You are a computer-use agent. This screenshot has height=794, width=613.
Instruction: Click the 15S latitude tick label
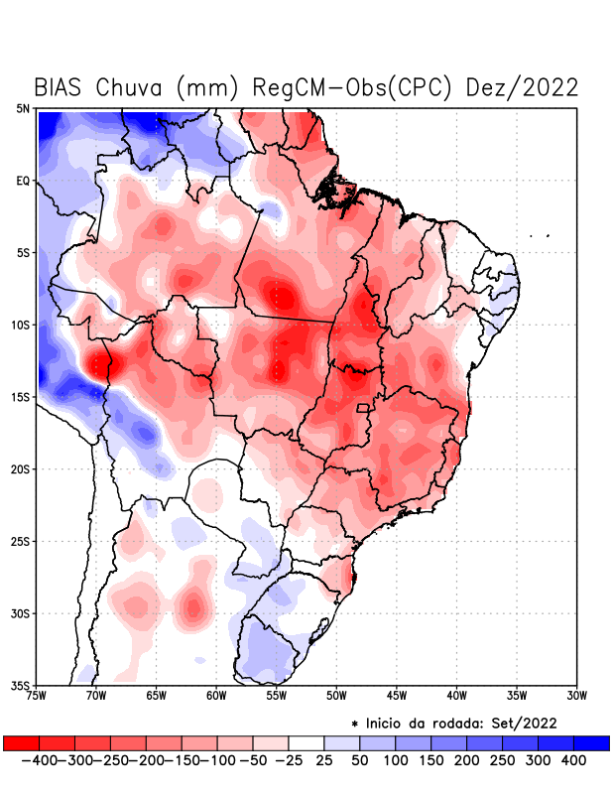coord(21,397)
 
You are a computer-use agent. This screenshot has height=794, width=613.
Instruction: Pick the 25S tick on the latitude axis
coord(21,541)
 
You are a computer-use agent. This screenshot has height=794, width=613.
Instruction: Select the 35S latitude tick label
coord(21,685)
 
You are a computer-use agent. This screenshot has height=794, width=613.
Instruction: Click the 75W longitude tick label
coord(38,695)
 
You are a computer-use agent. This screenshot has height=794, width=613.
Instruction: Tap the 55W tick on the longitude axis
coord(277,695)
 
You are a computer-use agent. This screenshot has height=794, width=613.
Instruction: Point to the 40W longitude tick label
coord(457,695)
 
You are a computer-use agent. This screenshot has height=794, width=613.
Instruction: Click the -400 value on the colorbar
coord(38,759)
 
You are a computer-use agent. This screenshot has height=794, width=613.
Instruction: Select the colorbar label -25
coord(287,759)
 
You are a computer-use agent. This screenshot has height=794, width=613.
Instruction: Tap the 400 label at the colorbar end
coord(572,759)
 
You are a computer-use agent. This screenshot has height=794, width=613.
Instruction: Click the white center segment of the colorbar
coord(306,742)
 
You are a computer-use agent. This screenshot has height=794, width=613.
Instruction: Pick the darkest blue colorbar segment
coord(591,742)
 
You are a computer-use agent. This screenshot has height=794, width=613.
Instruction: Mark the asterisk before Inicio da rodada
coord(354,724)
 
